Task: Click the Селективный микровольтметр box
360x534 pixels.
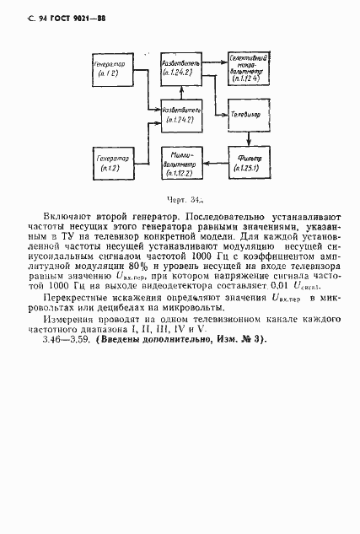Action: [x=249, y=70]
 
